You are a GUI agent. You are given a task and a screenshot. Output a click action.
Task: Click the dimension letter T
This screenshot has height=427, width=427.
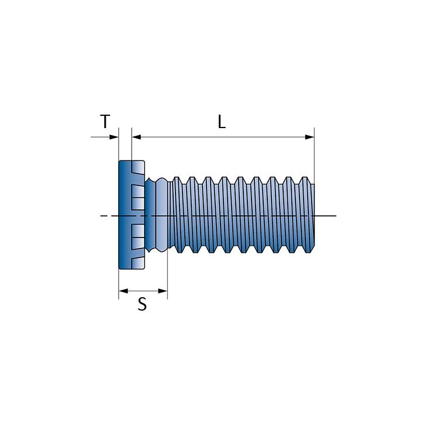[105, 122]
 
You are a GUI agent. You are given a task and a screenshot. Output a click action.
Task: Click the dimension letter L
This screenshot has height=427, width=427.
[222, 122]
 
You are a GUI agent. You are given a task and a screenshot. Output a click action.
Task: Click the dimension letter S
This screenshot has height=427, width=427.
[142, 304]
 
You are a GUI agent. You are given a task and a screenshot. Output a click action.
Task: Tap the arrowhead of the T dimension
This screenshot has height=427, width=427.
[114, 137]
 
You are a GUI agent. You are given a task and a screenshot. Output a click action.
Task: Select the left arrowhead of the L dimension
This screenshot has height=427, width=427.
[136, 137]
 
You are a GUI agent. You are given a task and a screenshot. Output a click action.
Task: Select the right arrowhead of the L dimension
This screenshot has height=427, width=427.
[309, 137]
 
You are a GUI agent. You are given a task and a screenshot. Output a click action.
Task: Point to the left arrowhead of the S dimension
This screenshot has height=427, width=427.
[123, 291]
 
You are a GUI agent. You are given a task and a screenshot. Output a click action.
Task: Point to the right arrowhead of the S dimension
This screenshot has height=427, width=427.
[163, 291]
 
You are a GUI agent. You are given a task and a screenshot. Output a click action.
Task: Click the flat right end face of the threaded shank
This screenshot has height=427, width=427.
[313, 215]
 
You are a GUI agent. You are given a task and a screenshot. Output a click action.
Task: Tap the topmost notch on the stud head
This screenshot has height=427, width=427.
[138, 167]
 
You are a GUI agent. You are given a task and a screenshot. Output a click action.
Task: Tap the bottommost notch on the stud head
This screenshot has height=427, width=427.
[138, 263]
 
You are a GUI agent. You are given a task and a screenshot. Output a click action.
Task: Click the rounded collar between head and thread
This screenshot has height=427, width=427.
[161, 215]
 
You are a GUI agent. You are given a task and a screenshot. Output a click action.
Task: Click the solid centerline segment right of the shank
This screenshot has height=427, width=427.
[325, 216]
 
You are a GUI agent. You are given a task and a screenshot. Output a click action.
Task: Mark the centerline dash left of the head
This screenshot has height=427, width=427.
[103, 216]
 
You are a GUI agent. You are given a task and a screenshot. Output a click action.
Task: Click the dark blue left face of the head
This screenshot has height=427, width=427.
[125, 215]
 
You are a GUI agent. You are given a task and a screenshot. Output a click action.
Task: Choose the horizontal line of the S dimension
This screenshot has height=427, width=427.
[143, 291]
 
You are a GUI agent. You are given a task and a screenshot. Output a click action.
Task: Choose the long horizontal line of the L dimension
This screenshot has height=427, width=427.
[223, 137]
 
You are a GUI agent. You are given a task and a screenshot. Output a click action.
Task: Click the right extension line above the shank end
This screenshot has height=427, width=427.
[314, 156]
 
